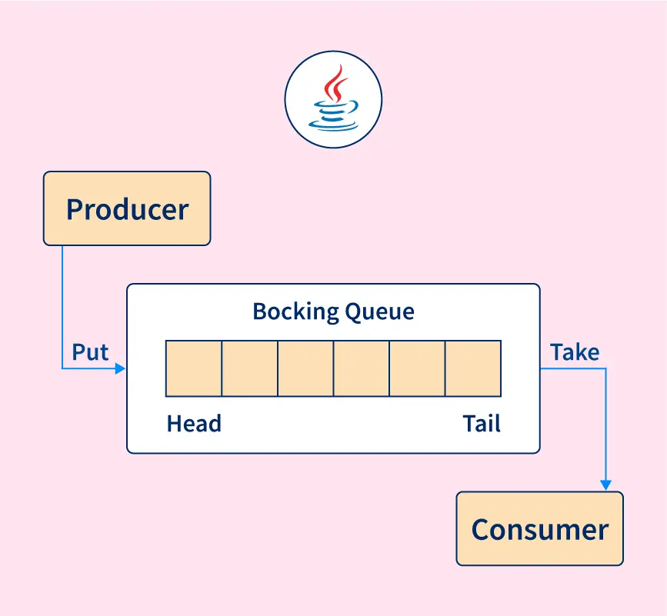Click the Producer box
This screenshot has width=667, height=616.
point(127,208)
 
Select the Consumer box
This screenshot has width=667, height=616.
point(539,529)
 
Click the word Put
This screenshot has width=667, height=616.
point(90,352)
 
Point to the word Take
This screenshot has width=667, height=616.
point(574,352)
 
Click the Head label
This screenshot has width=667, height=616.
point(194,424)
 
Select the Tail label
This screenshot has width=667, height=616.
point(482,424)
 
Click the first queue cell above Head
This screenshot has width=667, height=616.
point(194,368)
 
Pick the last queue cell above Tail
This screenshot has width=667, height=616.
point(473,368)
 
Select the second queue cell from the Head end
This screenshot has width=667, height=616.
point(250,368)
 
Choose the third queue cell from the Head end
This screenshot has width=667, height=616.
point(305,368)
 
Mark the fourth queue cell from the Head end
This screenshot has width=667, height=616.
point(362,368)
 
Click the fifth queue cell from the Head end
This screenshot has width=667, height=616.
point(417,368)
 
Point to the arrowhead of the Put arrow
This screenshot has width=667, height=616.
point(120,369)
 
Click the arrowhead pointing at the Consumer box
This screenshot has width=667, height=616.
point(606,485)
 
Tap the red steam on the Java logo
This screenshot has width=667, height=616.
point(333,83)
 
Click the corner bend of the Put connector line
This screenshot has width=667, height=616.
point(62,369)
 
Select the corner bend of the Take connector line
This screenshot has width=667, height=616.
point(606,368)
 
